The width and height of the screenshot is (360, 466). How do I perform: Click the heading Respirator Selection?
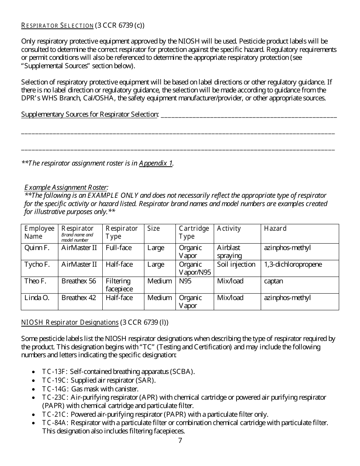57,26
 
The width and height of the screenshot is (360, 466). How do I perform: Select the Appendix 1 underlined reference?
156,163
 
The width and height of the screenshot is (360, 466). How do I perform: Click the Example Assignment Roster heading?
66,187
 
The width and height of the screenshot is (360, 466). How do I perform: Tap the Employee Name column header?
39,232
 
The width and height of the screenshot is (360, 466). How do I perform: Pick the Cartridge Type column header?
194,232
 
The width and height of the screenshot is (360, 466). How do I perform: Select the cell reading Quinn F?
37,248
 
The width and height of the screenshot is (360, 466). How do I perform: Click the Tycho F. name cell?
37,264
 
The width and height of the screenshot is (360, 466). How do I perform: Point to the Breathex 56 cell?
79,281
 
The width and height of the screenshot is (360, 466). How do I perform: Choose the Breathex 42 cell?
79,298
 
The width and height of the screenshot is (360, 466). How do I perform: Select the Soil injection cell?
236,264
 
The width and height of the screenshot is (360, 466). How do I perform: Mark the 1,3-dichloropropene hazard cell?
293,264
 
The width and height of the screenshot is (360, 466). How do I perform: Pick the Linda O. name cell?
37,298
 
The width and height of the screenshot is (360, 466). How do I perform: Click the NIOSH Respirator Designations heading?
70,322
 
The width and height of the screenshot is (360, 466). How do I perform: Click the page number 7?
180,440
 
